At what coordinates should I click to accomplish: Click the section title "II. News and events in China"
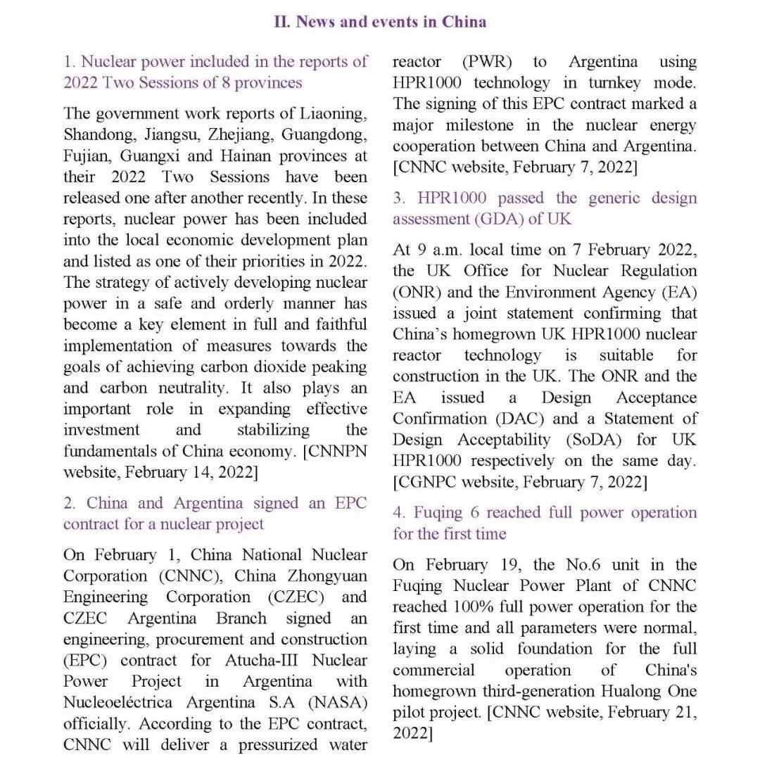pyautogui.click(x=380, y=21)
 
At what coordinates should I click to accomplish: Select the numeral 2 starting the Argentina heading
pyautogui.click(x=68, y=503)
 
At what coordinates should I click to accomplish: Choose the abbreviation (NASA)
pyautogui.click(x=336, y=703)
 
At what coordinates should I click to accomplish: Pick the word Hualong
pyautogui.click(x=631, y=691)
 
